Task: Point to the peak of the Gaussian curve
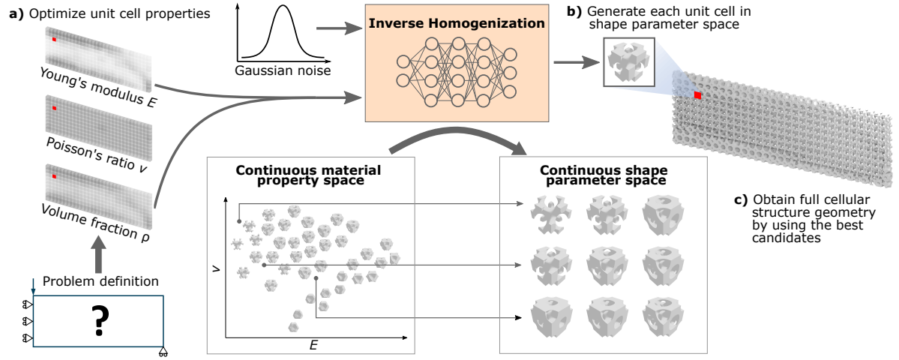(x=283, y=7)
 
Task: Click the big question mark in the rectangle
(x=98, y=320)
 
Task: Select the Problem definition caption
(x=100, y=282)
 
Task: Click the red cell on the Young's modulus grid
(x=53, y=38)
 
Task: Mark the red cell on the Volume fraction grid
(x=53, y=176)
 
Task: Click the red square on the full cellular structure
(x=697, y=95)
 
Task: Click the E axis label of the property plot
(x=313, y=344)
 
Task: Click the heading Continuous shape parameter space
(x=603, y=175)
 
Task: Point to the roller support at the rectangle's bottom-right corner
(x=163, y=352)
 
